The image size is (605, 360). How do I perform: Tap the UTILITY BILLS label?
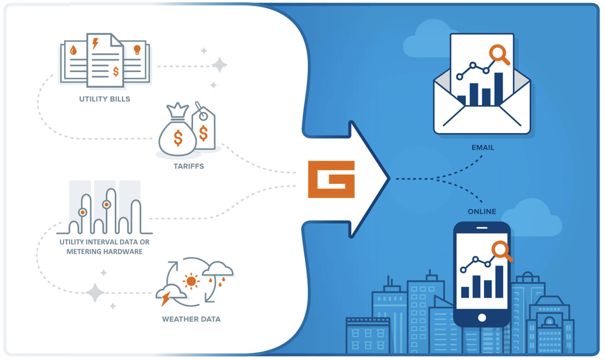[x=104, y=99]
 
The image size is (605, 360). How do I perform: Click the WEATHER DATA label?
[x=191, y=319]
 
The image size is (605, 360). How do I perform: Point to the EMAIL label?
[x=483, y=147]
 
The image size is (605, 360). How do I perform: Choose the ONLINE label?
[x=482, y=211]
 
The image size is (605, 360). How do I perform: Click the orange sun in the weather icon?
[x=192, y=281]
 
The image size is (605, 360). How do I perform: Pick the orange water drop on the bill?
[x=73, y=51]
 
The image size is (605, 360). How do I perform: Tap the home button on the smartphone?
[x=482, y=317]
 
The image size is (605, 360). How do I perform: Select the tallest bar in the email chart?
[x=499, y=89]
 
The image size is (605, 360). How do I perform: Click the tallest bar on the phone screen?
[x=499, y=281]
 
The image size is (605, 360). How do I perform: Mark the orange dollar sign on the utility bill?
[x=116, y=71]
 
